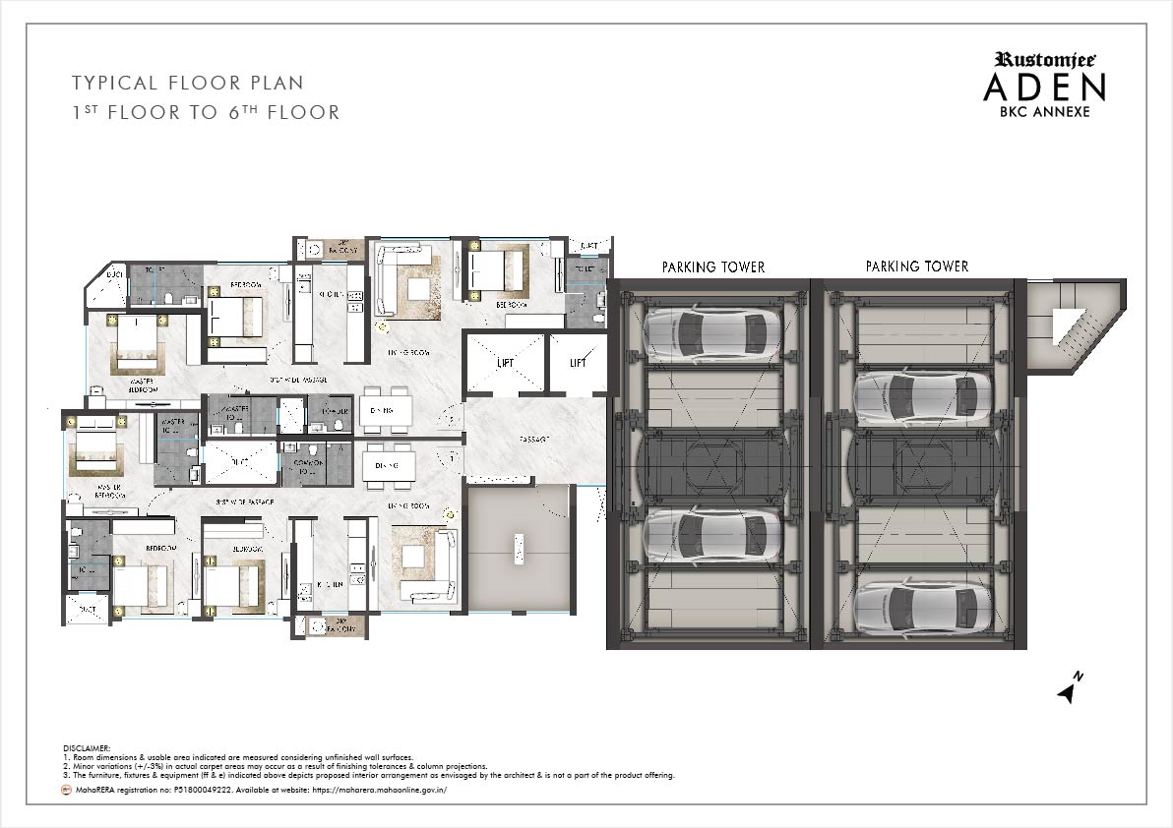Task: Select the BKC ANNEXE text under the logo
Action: click(x=1044, y=111)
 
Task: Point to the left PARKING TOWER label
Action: click(x=712, y=266)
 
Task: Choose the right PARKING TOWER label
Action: click(x=916, y=266)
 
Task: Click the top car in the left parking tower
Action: click(x=708, y=334)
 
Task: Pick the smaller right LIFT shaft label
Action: click(x=578, y=363)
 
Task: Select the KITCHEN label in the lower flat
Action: click(x=330, y=583)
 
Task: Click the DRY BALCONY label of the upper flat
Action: click(x=343, y=249)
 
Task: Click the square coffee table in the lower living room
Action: click(x=412, y=558)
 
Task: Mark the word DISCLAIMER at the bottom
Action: click(x=88, y=748)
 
